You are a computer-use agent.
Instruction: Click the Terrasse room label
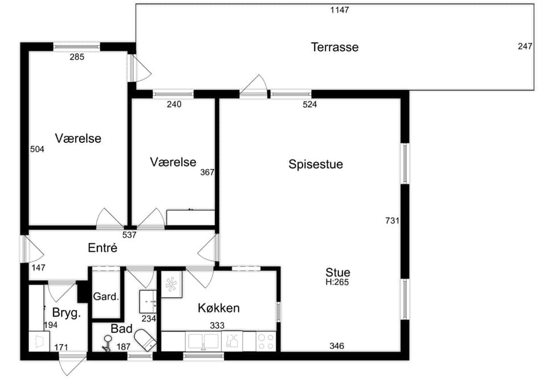tap(334, 47)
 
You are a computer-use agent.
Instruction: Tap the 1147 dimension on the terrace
tap(340, 10)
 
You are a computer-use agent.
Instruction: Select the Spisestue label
tap(316, 164)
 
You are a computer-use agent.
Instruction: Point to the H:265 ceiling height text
tap(337, 283)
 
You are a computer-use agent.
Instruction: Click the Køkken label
tap(219, 308)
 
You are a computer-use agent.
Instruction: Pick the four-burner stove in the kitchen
tap(266, 341)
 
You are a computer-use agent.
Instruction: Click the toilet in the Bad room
tap(146, 340)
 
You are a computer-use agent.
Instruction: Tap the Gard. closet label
tap(106, 297)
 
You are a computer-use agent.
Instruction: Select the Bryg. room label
tap(66, 313)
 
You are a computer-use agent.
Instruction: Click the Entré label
tap(103, 248)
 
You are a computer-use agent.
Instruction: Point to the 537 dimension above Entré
tap(129, 235)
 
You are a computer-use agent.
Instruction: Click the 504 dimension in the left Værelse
tap(38, 149)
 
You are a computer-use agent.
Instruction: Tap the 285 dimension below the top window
tap(77, 57)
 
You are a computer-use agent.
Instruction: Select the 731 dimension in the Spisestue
tap(392, 220)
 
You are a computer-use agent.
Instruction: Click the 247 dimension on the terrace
tap(525, 46)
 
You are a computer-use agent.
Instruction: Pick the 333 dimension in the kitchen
tap(217, 325)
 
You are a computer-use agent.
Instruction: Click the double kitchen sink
tap(203, 341)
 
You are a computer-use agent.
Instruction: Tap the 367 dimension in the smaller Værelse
tap(207, 173)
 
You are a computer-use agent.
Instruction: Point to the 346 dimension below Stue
tap(337, 346)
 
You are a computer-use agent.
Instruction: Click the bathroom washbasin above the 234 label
tap(148, 301)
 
